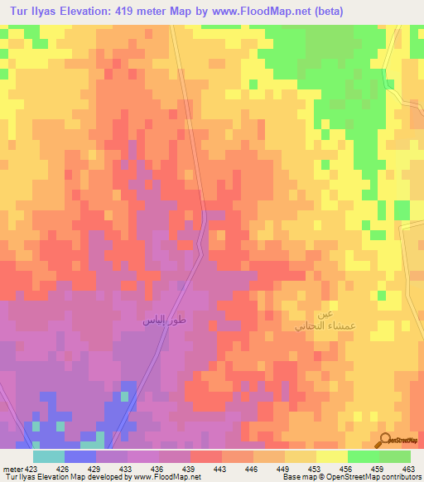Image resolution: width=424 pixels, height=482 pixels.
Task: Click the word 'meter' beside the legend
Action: pyautogui.click(x=12, y=468)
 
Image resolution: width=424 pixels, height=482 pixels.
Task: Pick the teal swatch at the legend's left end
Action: pyautogui.click(x=49, y=456)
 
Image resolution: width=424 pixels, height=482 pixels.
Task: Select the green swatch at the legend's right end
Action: pyautogui.click(x=395, y=456)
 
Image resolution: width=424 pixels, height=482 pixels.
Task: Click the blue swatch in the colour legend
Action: pyautogui.click(x=80, y=456)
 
